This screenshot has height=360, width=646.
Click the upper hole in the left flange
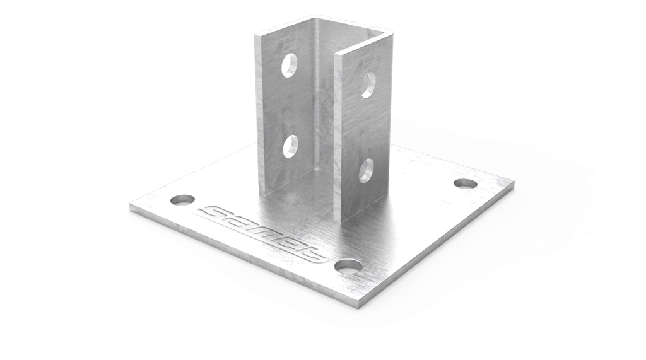pos(290,65)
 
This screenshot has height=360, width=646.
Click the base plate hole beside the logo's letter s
pos(182,200)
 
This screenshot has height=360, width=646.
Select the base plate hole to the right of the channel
pos(465,183)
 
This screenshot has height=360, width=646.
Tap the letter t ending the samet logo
pos(312,255)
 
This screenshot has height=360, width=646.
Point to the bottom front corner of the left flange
pos(261,193)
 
